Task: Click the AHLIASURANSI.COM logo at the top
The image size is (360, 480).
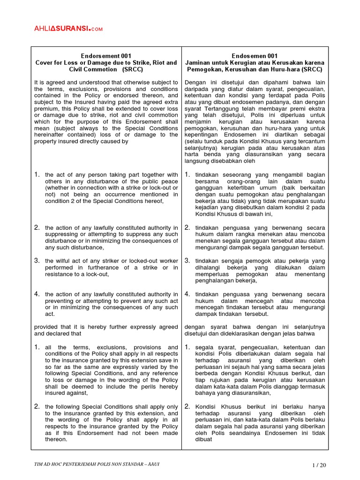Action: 68,29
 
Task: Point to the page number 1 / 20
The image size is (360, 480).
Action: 318,465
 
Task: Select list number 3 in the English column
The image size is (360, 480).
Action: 37,260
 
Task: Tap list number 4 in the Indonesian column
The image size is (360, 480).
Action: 187,294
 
